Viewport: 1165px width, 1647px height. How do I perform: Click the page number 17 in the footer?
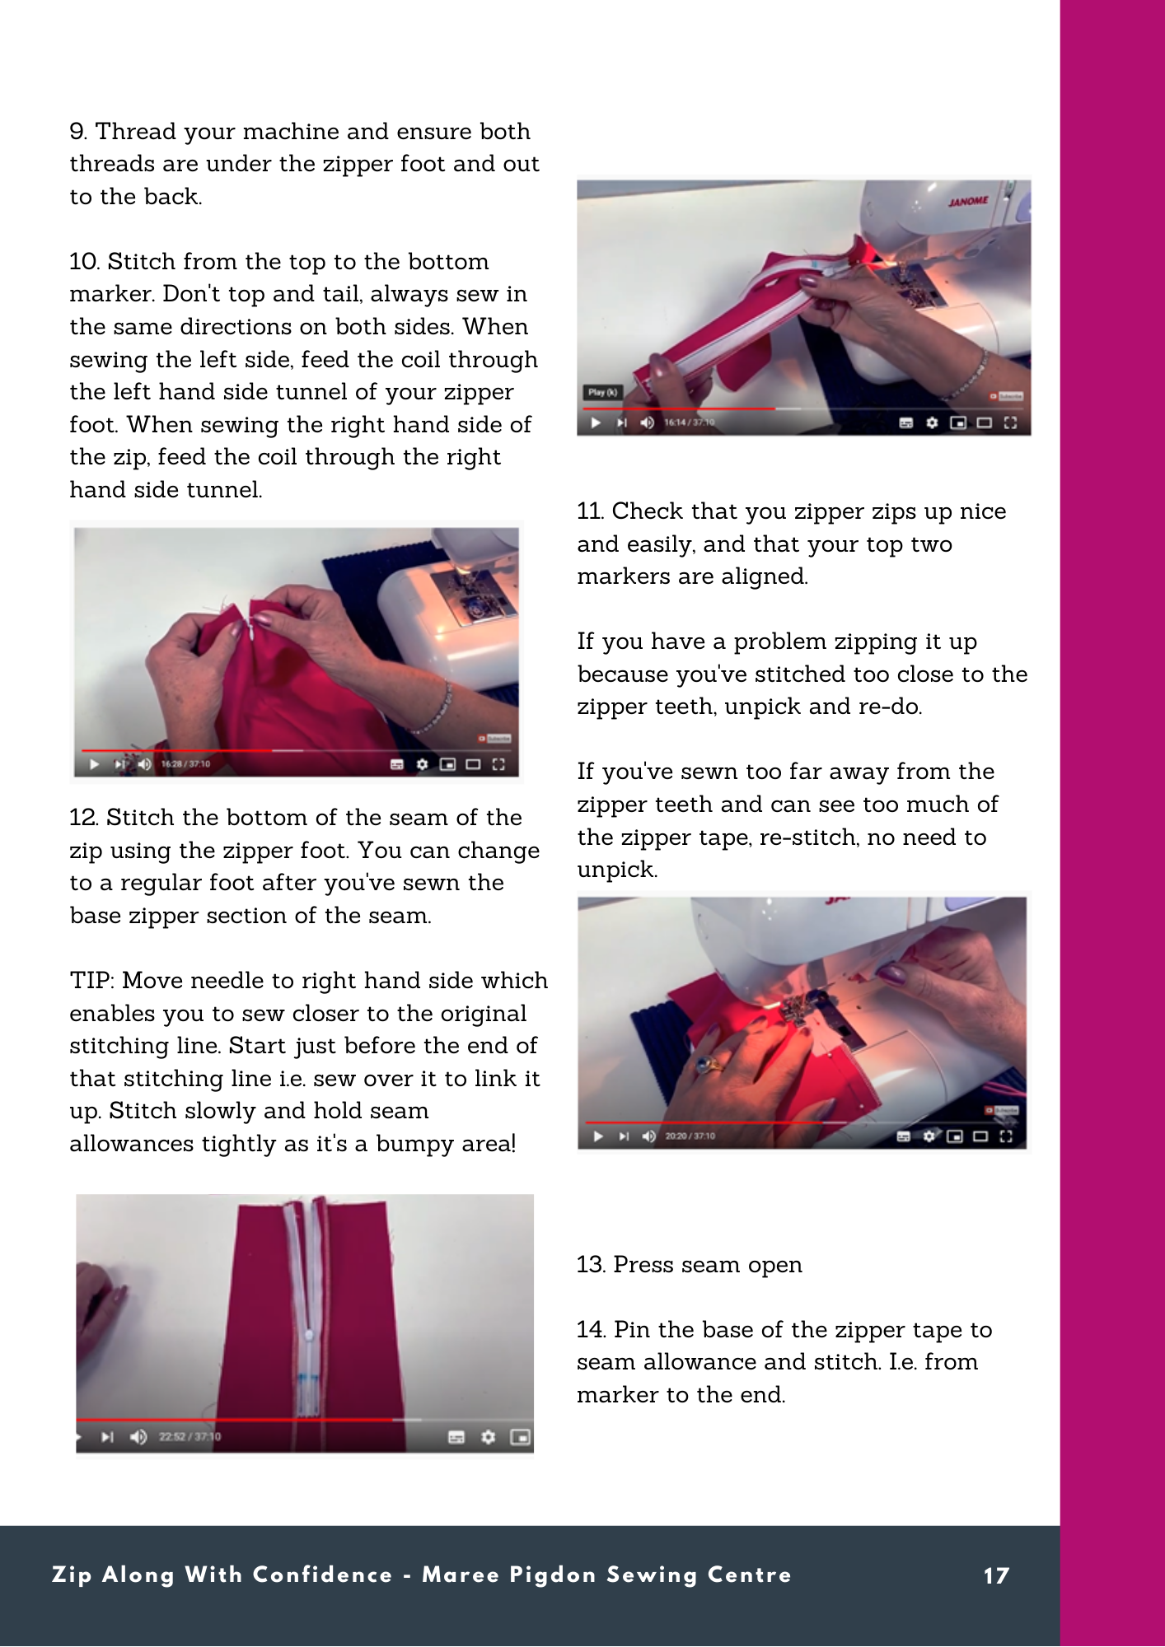pos(996,1576)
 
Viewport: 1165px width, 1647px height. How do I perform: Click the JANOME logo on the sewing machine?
pos(968,202)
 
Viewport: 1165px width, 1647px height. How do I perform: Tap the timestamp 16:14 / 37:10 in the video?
pos(690,422)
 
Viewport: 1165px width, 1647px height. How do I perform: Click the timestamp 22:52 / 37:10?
pos(189,1437)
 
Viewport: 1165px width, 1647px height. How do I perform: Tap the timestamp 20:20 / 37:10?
pos(690,1136)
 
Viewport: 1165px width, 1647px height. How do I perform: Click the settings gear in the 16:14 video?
pos(932,422)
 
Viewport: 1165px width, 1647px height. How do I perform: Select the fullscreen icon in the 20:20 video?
pos(1006,1136)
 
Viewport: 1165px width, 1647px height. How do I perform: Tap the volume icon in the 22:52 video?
pos(138,1437)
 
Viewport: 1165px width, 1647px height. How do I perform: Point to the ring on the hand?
pos(708,1065)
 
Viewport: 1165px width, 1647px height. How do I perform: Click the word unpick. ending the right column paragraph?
pos(617,870)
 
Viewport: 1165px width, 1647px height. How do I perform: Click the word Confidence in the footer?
pos(322,1575)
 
